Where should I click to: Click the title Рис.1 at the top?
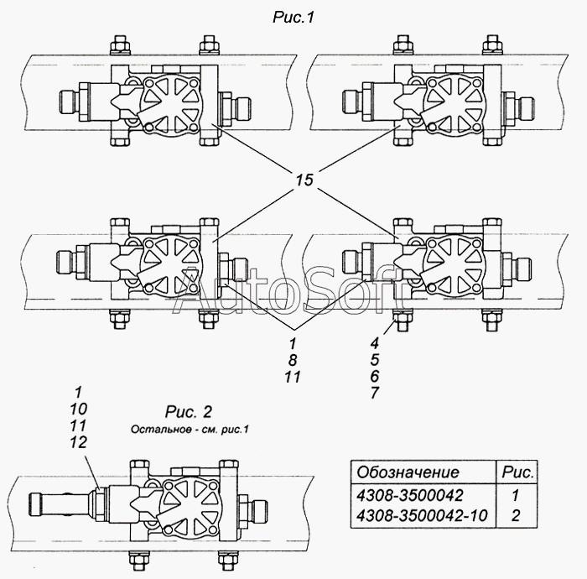click(x=293, y=18)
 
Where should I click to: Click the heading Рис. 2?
click(x=189, y=412)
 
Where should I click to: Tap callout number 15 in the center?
click(x=304, y=180)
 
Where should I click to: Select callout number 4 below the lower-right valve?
click(x=375, y=342)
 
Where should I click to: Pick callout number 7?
click(x=375, y=393)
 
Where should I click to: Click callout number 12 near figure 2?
click(x=78, y=442)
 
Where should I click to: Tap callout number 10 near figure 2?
click(x=78, y=409)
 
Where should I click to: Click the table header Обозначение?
click(x=408, y=472)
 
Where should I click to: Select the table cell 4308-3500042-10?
click(x=422, y=516)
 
